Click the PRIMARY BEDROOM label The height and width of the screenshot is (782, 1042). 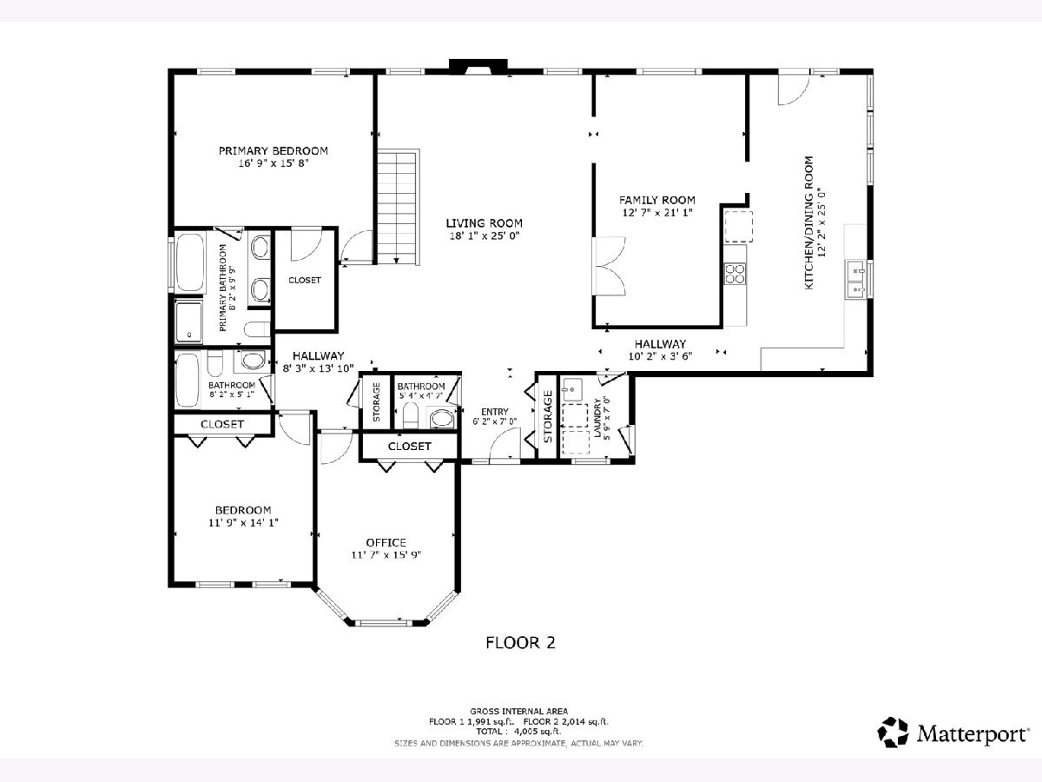(273, 151)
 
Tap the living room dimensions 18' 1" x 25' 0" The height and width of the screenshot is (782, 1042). (485, 235)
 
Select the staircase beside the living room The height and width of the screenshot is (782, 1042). (399, 207)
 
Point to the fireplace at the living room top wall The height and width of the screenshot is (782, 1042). (478, 67)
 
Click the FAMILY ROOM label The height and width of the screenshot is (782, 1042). (657, 201)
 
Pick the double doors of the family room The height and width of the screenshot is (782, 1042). (609, 267)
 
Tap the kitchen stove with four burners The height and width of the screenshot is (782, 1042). (735, 274)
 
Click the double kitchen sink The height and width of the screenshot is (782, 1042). (856, 279)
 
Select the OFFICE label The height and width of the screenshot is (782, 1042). (386, 542)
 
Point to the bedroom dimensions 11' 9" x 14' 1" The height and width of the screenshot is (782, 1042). (243, 523)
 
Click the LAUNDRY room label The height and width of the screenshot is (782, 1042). (597, 417)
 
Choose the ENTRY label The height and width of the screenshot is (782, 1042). (495, 412)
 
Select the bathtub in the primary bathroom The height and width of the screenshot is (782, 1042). (190, 262)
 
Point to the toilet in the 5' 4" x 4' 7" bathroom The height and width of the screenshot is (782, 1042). (410, 416)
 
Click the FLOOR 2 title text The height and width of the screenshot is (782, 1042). (520, 643)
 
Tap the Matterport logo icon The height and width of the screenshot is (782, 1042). (893, 732)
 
